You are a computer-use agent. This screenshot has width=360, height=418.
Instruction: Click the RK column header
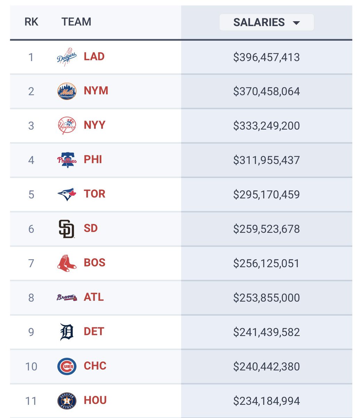coord(31,22)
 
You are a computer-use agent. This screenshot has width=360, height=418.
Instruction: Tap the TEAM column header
coord(76,22)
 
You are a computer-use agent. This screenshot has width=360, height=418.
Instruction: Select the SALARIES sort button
coord(266,22)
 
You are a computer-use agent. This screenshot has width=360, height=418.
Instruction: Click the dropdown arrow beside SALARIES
coord(296,23)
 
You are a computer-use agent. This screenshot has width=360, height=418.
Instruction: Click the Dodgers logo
coord(66,57)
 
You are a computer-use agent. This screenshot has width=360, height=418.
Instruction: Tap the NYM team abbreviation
coord(96,91)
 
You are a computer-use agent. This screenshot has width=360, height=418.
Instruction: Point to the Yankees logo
coord(66,125)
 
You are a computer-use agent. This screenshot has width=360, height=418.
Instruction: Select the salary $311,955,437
coord(266,160)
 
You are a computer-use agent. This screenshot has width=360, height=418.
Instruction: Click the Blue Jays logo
coord(66,194)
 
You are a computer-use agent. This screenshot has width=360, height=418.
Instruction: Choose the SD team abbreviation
coord(91,229)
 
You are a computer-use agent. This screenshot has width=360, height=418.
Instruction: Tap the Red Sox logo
coord(66,263)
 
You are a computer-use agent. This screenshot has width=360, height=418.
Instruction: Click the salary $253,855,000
coord(266,298)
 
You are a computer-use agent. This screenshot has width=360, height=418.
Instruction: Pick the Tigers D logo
coord(66,332)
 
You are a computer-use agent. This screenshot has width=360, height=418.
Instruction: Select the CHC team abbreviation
coord(95,366)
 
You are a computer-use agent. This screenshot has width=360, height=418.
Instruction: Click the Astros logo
coord(66,401)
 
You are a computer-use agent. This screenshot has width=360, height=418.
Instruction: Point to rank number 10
coord(31,366)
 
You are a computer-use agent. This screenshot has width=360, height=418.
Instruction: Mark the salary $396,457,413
coord(266,57)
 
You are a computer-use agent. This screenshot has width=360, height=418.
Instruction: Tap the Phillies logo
coord(66,160)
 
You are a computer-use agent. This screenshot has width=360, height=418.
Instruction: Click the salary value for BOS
coord(266,263)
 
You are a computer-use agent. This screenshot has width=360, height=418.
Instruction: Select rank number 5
coord(31,194)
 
